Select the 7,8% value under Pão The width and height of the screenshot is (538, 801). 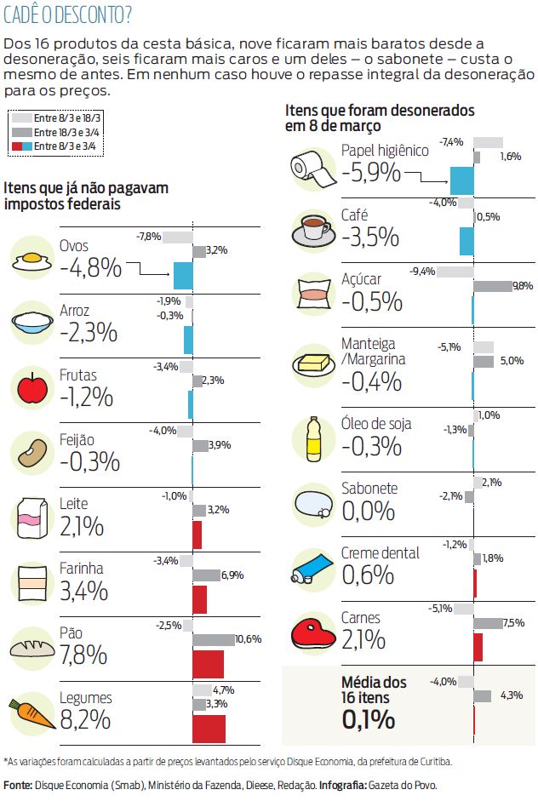tap(83, 655)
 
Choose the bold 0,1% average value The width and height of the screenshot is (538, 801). tap(368, 720)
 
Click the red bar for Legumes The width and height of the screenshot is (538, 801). tap(209, 729)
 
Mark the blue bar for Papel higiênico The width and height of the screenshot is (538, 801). tap(461, 180)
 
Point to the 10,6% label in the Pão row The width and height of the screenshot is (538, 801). tap(248, 638)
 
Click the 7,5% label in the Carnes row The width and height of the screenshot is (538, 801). tap(513, 623)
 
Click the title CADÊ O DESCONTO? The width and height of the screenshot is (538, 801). tap(67, 14)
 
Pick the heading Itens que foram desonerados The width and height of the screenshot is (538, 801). tap(380, 111)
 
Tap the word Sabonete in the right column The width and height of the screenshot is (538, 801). tap(369, 489)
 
